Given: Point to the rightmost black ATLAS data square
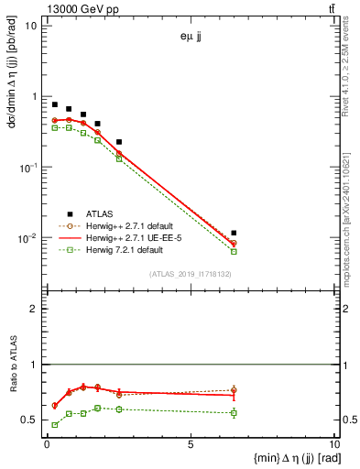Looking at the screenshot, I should (235, 234).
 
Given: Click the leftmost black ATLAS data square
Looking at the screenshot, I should (55, 104).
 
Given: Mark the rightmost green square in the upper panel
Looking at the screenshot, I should (235, 251).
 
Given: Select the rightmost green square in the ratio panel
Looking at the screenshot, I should (235, 413).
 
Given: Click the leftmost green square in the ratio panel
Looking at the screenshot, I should (55, 425).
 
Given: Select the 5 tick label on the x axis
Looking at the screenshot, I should (190, 445).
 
